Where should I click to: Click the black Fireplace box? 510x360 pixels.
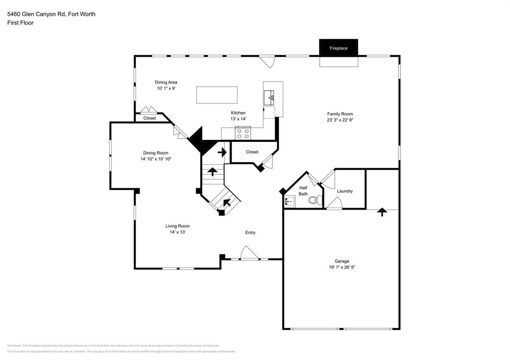coord(338,48)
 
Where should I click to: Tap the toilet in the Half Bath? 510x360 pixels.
coord(313,201)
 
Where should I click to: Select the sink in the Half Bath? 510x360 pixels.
coord(290,201)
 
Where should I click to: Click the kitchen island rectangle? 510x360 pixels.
coord(217,95)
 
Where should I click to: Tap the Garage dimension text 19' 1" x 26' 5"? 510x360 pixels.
coord(341,267)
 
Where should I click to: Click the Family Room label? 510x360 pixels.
coord(340,114)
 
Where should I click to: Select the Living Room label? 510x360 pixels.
coord(177,226)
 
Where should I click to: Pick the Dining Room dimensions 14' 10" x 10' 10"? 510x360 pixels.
coord(155,159)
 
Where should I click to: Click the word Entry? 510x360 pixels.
coord(250,233)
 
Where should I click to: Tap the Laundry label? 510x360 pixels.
coord(345,191)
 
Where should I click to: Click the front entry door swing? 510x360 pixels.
coord(249,253)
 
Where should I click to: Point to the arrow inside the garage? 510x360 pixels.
coord(382,212)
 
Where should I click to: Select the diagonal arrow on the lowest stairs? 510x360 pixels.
coord(227,202)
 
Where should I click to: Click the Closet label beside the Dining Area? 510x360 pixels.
coord(149,118)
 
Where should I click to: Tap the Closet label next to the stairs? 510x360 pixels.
coord(252,152)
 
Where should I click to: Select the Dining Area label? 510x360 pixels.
coord(166,82)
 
